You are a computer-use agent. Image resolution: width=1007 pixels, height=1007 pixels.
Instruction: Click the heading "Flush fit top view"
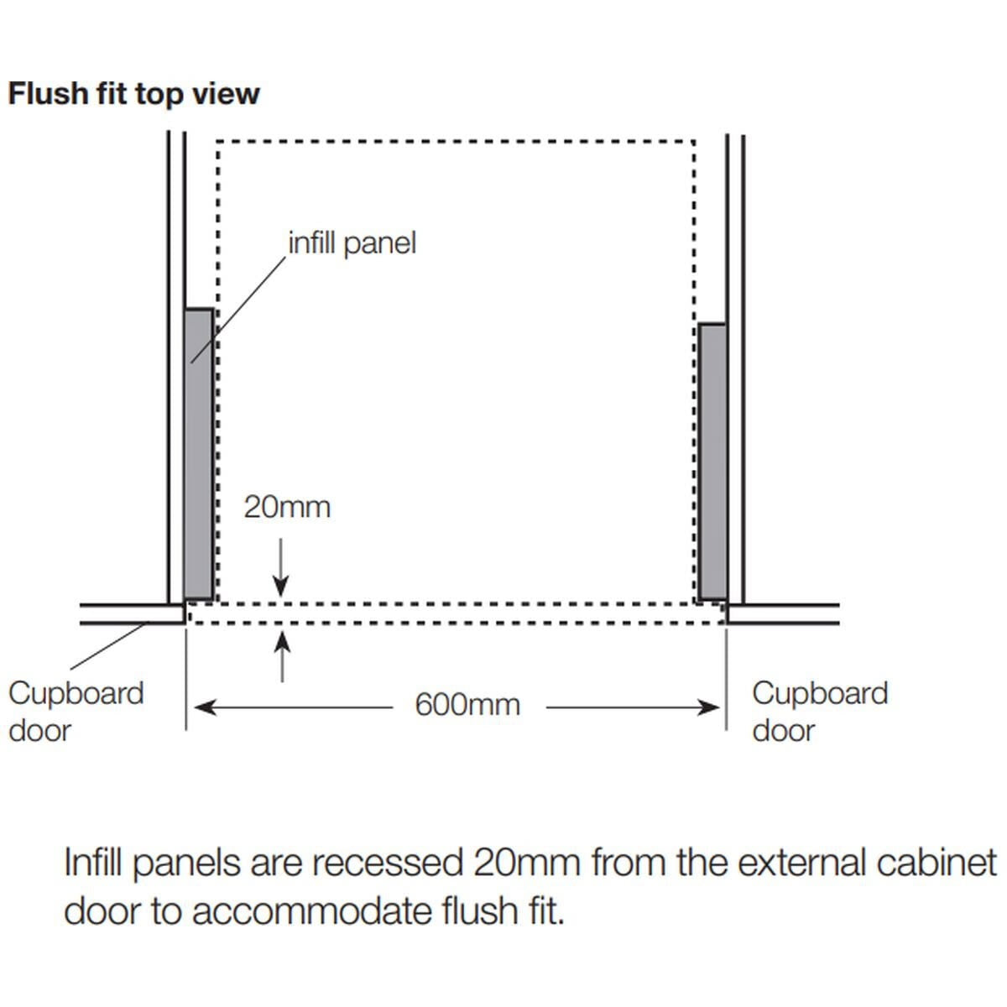click(133, 95)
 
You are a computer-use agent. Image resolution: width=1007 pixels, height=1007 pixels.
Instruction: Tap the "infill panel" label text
click(352, 244)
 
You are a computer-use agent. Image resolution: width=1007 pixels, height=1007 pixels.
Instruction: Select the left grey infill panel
click(199, 454)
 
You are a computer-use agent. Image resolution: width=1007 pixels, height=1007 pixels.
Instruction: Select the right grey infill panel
click(712, 462)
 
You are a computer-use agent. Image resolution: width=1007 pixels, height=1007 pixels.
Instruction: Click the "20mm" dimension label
click(287, 508)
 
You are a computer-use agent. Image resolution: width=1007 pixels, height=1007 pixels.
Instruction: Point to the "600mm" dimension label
click(467, 705)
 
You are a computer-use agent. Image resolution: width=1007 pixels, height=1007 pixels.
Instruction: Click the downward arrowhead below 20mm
click(281, 587)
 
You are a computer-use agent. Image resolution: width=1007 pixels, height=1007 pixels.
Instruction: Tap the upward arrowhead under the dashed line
click(282, 642)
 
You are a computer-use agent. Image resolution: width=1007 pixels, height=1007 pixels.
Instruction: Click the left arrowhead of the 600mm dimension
click(205, 708)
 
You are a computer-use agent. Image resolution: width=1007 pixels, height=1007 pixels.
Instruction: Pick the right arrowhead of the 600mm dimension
click(708, 708)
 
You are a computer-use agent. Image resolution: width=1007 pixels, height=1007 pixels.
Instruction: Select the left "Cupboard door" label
click(76, 712)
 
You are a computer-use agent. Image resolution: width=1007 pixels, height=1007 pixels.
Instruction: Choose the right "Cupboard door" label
click(820, 712)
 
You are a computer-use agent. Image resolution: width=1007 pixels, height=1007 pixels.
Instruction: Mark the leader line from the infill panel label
click(238, 310)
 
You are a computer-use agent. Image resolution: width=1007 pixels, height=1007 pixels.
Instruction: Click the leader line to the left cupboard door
click(109, 645)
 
